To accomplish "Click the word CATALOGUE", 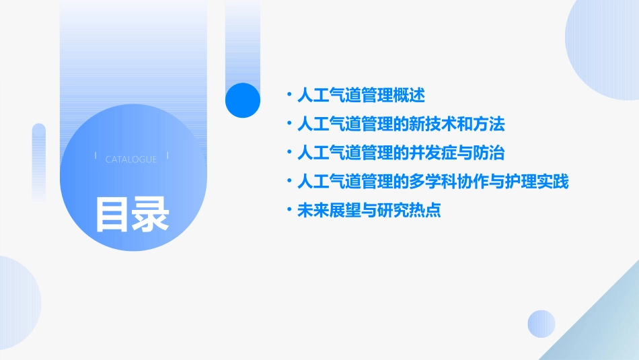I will coord(131,159).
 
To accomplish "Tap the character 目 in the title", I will coord(112,214).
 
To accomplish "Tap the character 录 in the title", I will coord(151,214).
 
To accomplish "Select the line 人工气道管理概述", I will coord(361,95).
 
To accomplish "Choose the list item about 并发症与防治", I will coord(401,153).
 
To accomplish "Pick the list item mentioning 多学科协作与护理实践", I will coord(433,182).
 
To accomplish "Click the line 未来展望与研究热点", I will coord(369,211).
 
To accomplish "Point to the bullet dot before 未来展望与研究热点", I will coord(289,211).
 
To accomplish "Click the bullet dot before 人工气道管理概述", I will coord(289,95).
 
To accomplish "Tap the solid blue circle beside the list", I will coord(242,100).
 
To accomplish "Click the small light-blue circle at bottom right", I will coord(541,324).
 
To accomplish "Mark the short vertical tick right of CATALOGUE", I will coord(167,156).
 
